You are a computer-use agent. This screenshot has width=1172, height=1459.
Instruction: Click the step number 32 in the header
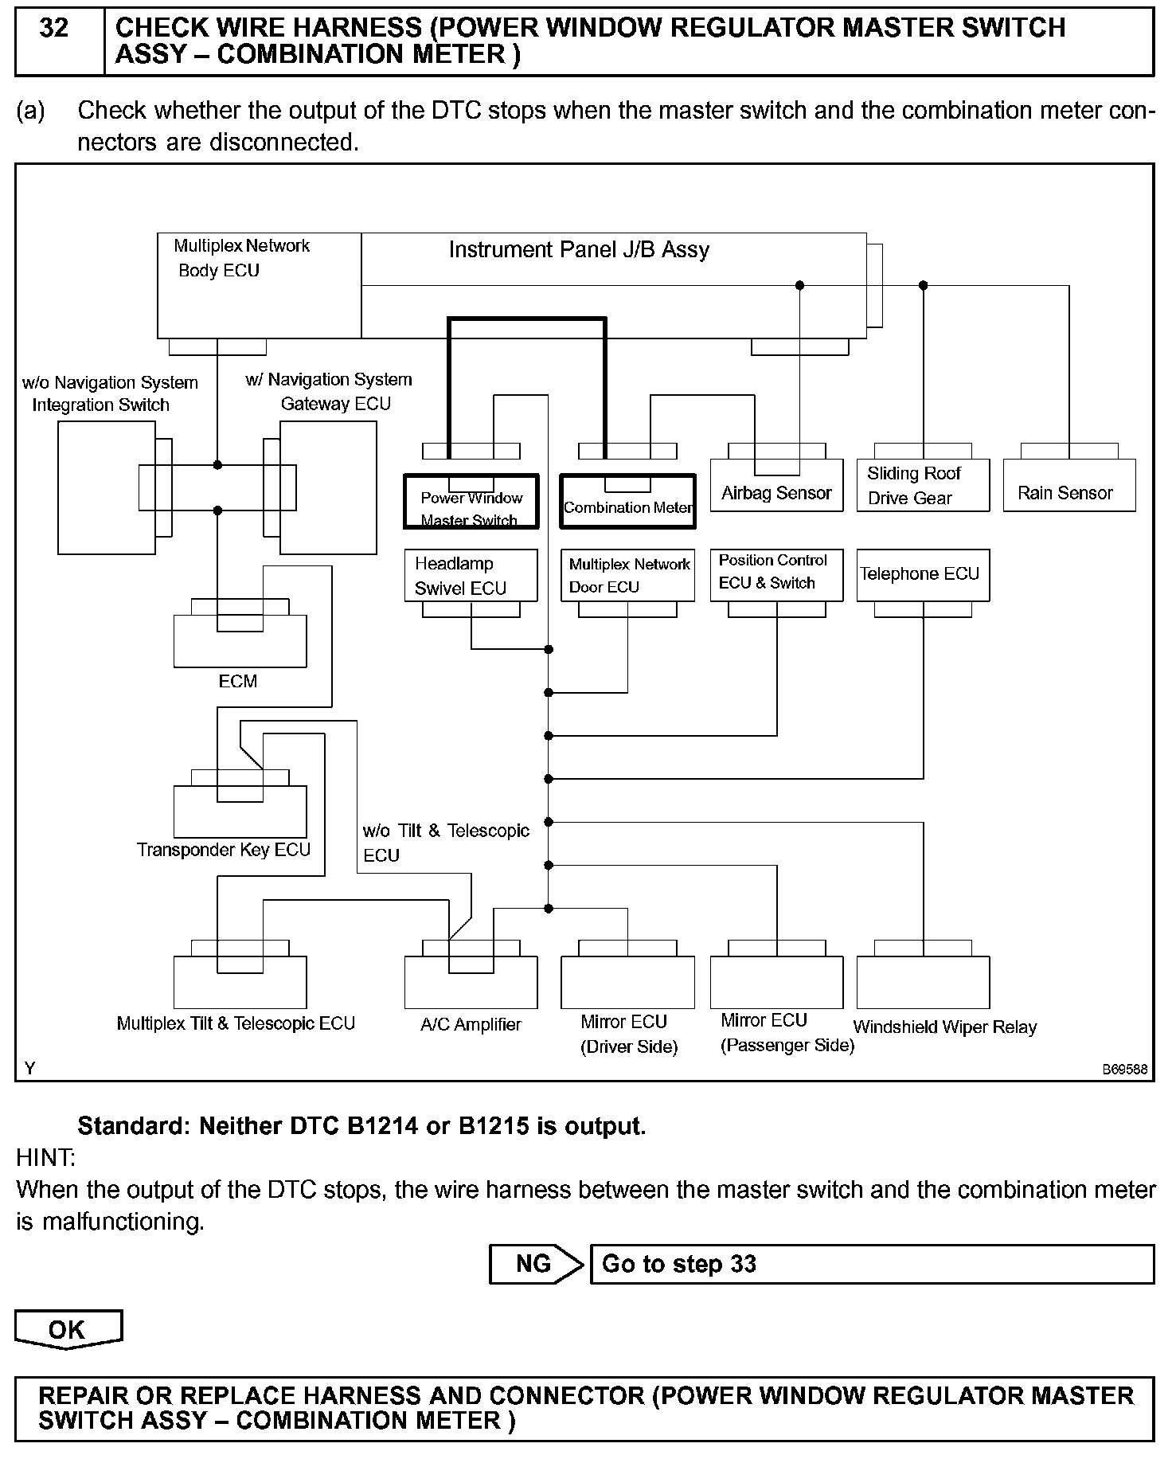click(x=54, y=29)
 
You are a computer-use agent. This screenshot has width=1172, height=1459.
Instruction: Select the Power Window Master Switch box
click(x=471, y=502)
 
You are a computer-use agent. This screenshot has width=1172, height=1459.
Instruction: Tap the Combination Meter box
click(x=627, y=502)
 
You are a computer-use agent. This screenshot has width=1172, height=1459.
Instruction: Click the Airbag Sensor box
click(x=775, y=487)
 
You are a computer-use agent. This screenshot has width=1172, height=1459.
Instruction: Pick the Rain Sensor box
click(x=1068, y=487)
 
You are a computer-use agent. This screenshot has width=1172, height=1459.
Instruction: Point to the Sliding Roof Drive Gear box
click(x=922, y=487)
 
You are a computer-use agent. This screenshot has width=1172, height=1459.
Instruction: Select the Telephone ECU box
click(x=922, y=574)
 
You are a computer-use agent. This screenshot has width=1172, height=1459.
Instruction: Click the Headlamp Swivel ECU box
click(x=471, y=575)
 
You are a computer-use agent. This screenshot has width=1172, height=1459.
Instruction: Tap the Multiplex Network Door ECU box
click(x=627, y=575)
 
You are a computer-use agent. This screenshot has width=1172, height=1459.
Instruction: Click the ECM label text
click(x=237, y=682)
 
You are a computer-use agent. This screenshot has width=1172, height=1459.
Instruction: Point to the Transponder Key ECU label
click(x=224, y=850)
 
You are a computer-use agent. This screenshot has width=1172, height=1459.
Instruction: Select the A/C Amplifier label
click(x=471, y=1025)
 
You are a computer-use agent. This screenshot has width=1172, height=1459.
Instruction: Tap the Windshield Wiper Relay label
click(x=944, y=1027)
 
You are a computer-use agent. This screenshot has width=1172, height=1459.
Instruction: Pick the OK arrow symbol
click(x=68, y=1329)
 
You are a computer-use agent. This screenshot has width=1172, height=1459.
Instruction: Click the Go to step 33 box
click(x=871, y=1264)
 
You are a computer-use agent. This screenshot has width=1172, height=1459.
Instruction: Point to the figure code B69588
click(x=1124, y=1070)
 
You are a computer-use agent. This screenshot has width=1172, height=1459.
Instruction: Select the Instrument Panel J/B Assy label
click(x=579, y=250)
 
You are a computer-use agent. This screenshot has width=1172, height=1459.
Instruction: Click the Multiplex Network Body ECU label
click(x=240, y=258)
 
